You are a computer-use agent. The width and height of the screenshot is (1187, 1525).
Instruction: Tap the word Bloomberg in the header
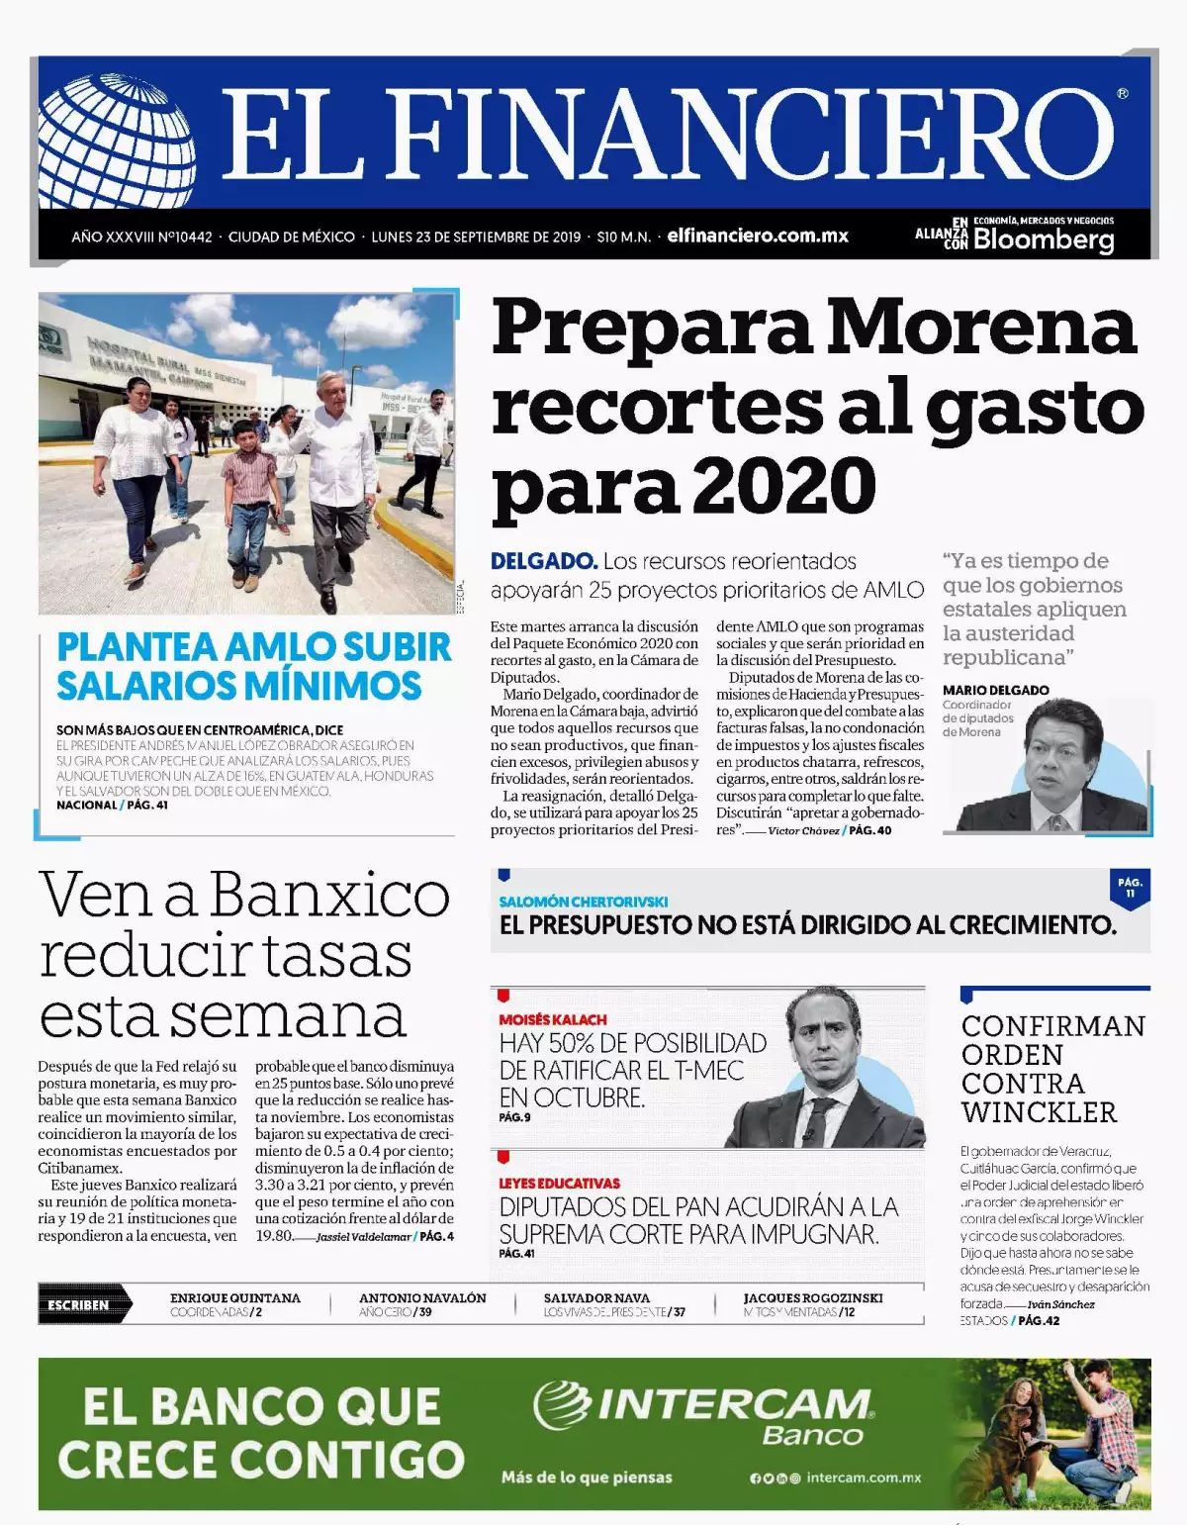pyautogui.click(x=1044, y=240)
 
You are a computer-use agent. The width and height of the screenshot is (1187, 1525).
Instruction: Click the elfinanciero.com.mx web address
pyautogui.click(x=758, y=237)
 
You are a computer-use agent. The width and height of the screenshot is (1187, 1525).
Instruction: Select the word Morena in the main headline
pyautogui.click(x=981, y=327)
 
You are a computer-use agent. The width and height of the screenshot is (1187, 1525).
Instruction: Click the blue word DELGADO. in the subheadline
pyautogui.click(x=544, y=561)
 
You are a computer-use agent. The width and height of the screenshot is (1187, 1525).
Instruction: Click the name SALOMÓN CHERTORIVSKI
pyautogui.click(x=584, y=902)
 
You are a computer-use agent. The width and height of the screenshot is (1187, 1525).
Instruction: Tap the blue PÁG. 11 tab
pyautogui.click(x=1130, y=887)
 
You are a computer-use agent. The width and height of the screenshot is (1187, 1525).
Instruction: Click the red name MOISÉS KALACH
pyautogui.click(x=553, y=1019)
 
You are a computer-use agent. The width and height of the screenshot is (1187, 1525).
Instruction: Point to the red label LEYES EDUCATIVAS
pyautogui.click(x=560, y=1183)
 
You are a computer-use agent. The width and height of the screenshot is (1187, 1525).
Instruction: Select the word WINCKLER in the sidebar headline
pyautogui.click(x=1039, y=1112)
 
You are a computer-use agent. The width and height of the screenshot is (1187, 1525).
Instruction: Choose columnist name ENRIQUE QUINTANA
pyautogui.click(x=235, y=1297)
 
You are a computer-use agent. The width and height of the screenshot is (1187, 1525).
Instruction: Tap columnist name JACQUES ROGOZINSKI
pyautogui.click(x=813, y=1297)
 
